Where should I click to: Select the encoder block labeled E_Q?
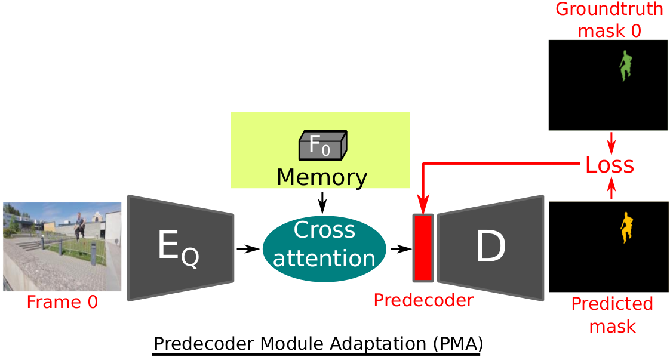click(180, 247)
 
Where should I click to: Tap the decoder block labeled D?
click(490, 247)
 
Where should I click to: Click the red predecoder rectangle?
click(423, 248)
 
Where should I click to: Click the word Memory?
click(322, 177)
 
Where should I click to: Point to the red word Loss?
click(610, 164)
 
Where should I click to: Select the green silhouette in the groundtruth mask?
click(625, 66)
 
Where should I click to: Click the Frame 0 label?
click(62, 302)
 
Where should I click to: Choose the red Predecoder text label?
click(423, 300)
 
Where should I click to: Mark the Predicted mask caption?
click(612, 315)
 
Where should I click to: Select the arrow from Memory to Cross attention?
click(322, 202)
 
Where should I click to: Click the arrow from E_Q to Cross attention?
click(247, 248)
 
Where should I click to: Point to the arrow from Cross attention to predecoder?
click(399, 248)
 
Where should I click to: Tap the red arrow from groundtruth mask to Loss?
click(610, 142)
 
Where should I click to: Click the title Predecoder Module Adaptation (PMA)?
click(318, 344)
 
